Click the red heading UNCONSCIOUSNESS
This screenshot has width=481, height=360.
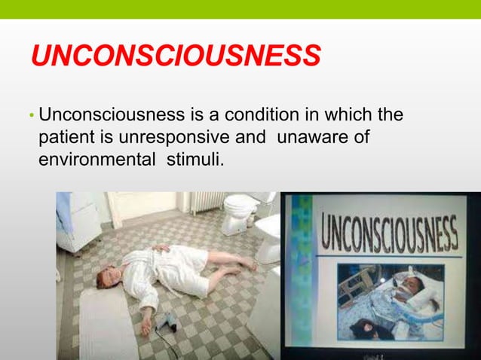176,57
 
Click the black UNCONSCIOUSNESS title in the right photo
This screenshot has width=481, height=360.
390,234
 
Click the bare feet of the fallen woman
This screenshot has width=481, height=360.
248,264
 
